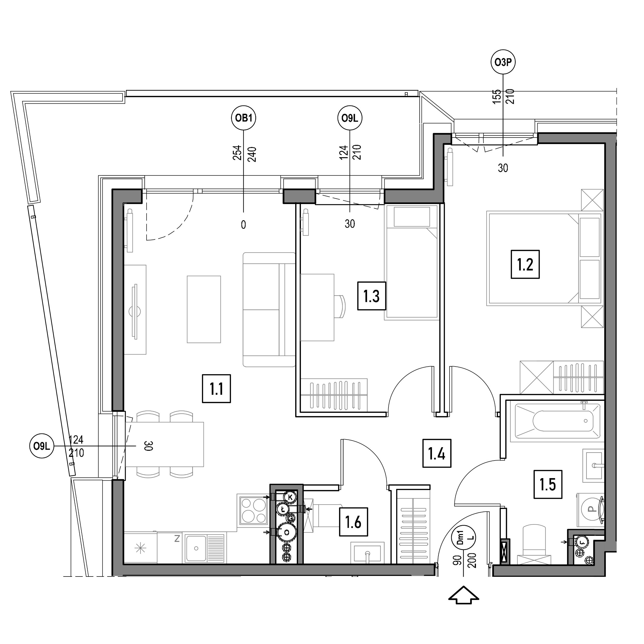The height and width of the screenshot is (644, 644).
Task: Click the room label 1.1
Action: (217, 389)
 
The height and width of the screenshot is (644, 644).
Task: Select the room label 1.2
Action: (525, 264)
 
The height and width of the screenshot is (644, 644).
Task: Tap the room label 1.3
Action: (372, 296)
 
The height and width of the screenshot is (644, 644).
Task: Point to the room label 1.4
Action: (437, 453)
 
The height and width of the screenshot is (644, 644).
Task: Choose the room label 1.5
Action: (548, 484)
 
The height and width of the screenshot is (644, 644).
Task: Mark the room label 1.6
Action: (353, 522)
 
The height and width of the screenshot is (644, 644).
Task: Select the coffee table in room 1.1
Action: (204, 309)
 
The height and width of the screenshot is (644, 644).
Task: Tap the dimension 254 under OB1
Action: (237, 153)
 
